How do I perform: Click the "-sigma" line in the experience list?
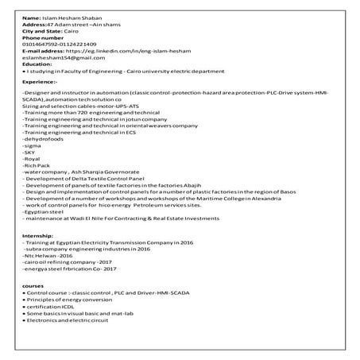(x=33, y=147)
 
